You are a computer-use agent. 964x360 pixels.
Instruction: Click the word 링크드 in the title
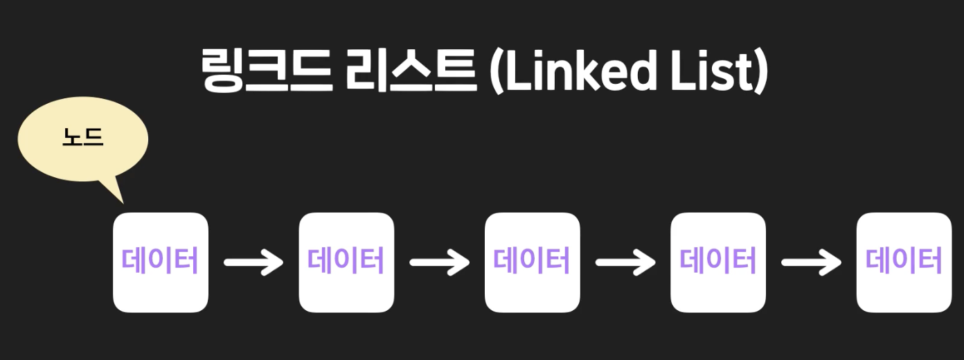point(265,71)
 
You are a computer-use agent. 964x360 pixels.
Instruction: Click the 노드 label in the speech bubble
point(82,138)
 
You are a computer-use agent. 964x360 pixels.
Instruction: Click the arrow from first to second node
point(253,262)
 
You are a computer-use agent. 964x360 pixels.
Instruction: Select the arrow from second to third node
point(439,262)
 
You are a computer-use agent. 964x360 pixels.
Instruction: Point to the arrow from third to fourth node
point(625,262)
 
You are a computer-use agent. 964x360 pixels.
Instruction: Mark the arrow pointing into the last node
point(811,262)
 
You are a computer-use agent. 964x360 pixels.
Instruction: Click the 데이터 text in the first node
point(160,262)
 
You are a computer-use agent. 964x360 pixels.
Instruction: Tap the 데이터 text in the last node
point(904,262)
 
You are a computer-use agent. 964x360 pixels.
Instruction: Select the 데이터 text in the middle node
point(532,262)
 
